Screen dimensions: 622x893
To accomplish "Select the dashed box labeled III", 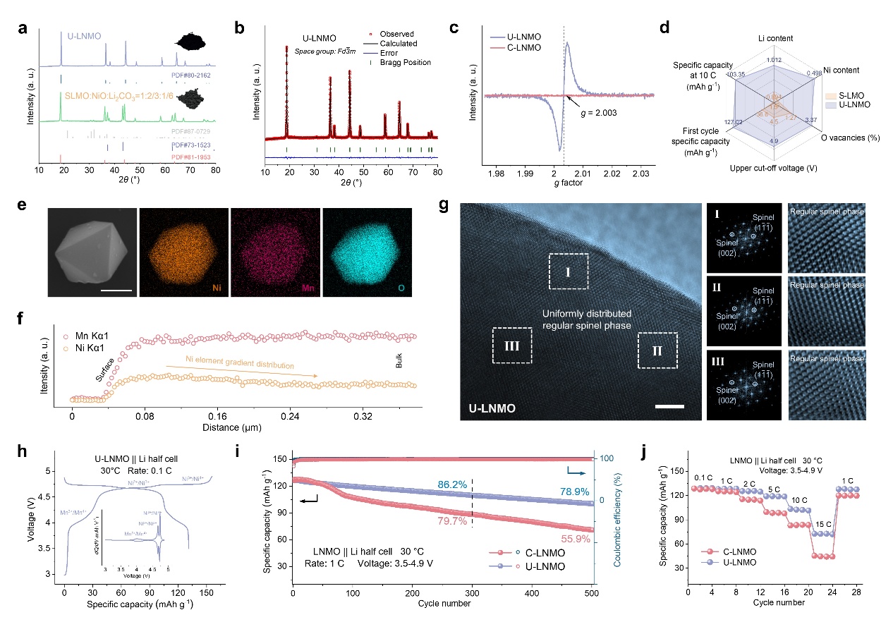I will (511, 345).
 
